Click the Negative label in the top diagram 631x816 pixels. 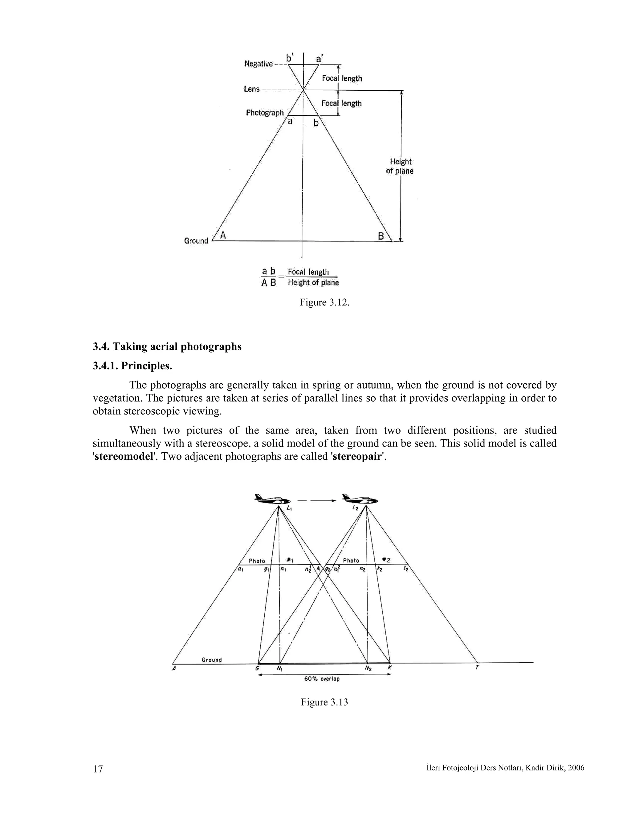[258, 64]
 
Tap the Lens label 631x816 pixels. [252, 89]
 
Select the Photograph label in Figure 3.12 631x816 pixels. [265, 113]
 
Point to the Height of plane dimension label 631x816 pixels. [400, 166]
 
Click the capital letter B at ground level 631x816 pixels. [381, 236]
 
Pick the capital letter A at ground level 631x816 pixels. [223, 235]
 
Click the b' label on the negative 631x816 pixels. [290, 58]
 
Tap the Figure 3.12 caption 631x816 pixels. [324, 302]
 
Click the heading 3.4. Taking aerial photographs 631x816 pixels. [167, 346]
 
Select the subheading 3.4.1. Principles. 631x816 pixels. [132, 366]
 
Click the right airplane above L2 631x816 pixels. [360, 499]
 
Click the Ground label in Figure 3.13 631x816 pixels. [212, 660]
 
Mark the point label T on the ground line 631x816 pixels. [477, 667]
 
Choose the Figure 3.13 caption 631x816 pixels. [324, 702]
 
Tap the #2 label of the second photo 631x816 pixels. [386, 560]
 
